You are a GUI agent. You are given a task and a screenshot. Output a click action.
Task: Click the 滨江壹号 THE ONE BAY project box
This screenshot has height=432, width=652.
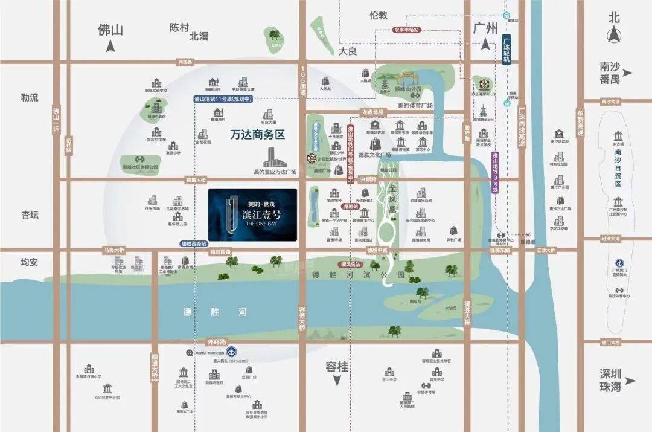252,214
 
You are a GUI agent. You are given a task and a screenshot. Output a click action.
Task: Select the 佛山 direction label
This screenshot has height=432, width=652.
110,30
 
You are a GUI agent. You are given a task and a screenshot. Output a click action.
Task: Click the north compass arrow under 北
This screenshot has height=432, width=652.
614,36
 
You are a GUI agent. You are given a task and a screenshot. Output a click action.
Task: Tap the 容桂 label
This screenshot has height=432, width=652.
337,367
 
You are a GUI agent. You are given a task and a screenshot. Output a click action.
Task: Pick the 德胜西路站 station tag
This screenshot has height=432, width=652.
194,244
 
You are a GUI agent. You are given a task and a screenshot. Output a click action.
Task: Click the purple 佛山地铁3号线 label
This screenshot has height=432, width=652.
494,172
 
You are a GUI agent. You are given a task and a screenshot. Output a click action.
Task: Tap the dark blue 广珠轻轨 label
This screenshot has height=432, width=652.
507,49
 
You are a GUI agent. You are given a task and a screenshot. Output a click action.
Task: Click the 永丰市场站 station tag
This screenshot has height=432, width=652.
406,29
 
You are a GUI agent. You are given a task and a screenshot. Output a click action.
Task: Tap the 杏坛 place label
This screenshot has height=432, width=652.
30,214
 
